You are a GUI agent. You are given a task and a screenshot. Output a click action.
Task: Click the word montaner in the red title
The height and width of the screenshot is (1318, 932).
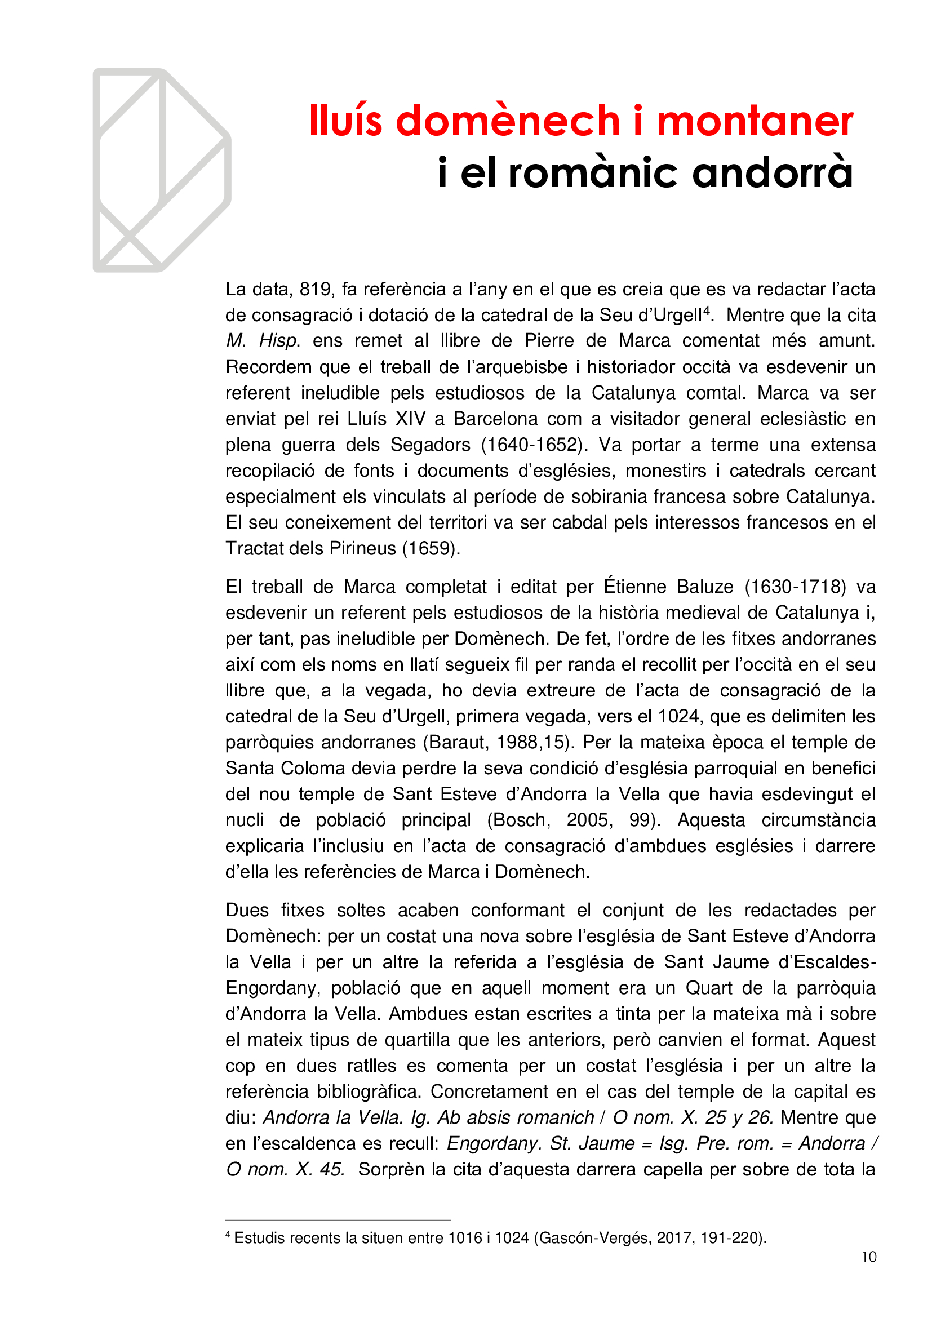click(x=755, y=122)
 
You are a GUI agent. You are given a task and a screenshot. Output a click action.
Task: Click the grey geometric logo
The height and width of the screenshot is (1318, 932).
click(x=162, y=171)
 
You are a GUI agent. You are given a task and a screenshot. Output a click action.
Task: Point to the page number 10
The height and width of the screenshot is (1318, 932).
click(x=869, y=1257)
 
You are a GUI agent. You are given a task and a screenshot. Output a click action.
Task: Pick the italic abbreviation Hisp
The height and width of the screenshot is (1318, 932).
click(x=279, y=341)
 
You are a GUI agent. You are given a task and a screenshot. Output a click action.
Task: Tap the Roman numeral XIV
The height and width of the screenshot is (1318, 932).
click(x=410, y=419)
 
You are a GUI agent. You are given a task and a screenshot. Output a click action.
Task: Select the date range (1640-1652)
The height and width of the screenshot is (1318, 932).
click(x=534, y=445)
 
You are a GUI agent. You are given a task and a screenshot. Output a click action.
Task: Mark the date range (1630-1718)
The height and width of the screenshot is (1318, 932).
click(x=796, y=587)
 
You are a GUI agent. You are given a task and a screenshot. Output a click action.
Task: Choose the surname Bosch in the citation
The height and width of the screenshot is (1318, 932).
click(x=519, y=820)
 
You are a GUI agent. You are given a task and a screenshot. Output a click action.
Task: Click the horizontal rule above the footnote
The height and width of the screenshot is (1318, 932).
click(x=338, y=1221)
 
